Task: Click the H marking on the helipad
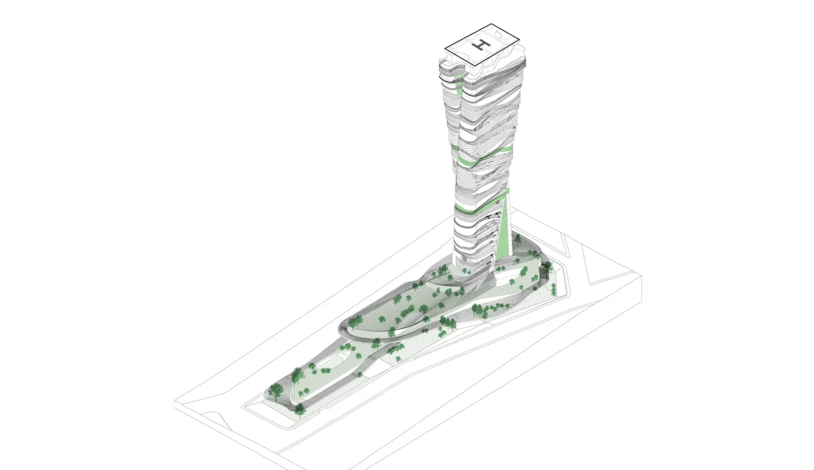coord(482,44)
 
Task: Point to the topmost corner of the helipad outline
coord(492,24)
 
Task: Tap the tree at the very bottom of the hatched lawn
coord(300,410)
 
